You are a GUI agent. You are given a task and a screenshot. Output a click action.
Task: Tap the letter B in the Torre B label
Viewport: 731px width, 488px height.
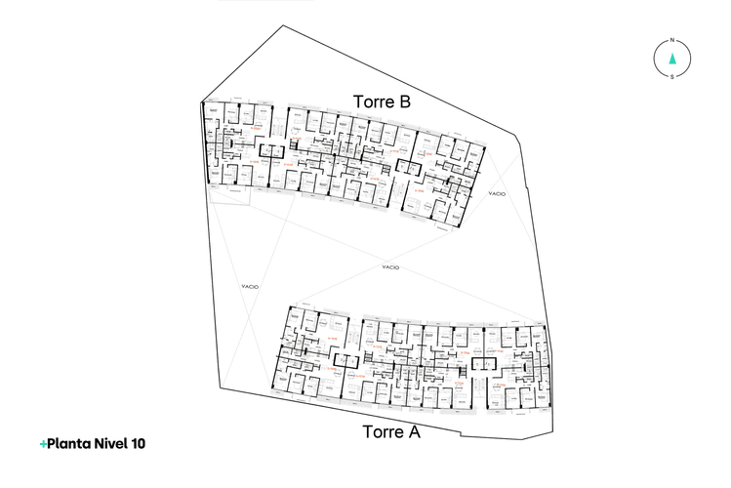point(404,102)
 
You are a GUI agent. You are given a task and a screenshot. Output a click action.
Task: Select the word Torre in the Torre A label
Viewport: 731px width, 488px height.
point(382,431)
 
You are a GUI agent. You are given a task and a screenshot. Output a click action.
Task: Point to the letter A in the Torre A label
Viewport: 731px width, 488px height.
point(414,431)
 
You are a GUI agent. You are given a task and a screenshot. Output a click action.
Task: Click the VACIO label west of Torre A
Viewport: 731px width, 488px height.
point(249,286)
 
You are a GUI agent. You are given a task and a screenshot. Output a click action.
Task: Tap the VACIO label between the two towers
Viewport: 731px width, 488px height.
point(390,267)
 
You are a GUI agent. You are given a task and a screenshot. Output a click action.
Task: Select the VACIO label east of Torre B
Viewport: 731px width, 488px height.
point(497,194)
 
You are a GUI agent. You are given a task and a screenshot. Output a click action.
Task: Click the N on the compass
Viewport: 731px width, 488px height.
point(672,42)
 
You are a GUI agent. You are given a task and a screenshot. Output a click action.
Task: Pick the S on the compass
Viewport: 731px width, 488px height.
point(672,75)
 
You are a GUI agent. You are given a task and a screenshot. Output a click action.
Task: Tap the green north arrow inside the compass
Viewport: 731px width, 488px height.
point(672,59)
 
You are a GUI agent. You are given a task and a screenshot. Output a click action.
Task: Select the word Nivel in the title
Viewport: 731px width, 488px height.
point(112,444)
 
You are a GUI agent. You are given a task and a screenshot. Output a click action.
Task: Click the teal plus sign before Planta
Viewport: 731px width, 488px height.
point(43,444)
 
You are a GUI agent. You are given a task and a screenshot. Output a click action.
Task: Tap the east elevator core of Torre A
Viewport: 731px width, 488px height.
point(483,363)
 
